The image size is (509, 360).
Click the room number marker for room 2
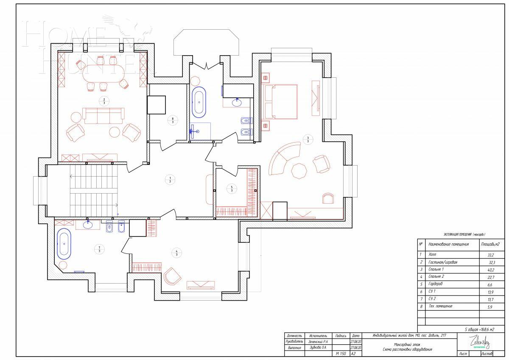[104, 101]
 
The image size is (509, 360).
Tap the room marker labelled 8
[173, 120]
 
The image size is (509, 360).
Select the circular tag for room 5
[232, 188]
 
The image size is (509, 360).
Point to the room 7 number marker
[99, 249]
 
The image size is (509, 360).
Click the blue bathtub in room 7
[64, 244]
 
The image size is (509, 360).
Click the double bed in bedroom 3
[280, 101]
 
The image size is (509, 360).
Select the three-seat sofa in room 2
[103, 115]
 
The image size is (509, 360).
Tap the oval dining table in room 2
[102, 74]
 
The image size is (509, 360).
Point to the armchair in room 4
[173, 276]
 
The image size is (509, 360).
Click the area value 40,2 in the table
[489, 270]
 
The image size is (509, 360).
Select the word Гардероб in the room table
[438, 284]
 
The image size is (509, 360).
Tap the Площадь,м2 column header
[489, 244]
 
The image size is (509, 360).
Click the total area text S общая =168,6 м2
[479, 329]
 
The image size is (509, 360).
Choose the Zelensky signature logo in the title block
[479, 341]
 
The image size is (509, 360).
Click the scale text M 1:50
[341, 353]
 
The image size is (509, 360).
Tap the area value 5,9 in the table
[490, 306]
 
